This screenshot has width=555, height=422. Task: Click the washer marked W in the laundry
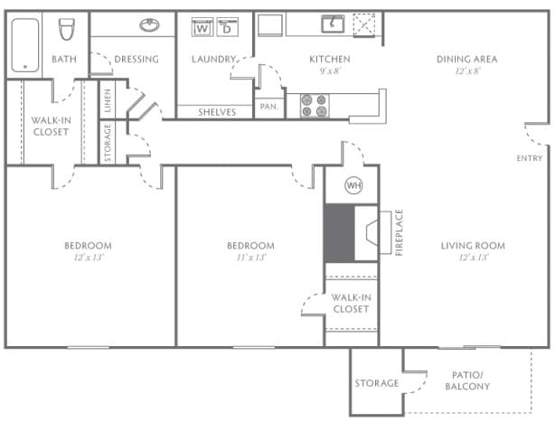click(x=202, y=28)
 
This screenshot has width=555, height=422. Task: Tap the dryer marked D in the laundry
click(x=227, y=28)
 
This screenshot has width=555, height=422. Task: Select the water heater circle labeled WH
click(x=353, y=187)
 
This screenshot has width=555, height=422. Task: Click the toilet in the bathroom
click(x=65, y=31)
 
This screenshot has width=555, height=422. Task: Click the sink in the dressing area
click(x=149, y=25)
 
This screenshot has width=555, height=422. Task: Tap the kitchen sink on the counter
click(x=332, y=23)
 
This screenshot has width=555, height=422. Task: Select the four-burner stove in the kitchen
click(x=315, y=106)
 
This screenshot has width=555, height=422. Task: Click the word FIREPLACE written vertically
click(x=399, y=233)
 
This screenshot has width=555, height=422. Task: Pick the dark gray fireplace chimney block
click(x=338, y=233)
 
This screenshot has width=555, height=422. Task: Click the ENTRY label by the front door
click(x=530, y=159)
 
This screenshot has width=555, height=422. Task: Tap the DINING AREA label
click(x=466, y=60)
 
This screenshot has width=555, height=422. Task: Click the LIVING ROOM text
click(x=472, y=246)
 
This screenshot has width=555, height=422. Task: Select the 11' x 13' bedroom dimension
click(x=250, y=258)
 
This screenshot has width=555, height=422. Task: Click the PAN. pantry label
click(x=268, y=106)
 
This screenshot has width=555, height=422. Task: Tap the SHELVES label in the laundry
click(x=217, y=112)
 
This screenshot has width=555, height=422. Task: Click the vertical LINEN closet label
click(x=108, y=100)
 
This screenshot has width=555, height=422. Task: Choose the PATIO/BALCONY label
click(x=467, y=380)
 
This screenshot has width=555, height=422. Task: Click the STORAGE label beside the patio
click(x=376, y=383)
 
